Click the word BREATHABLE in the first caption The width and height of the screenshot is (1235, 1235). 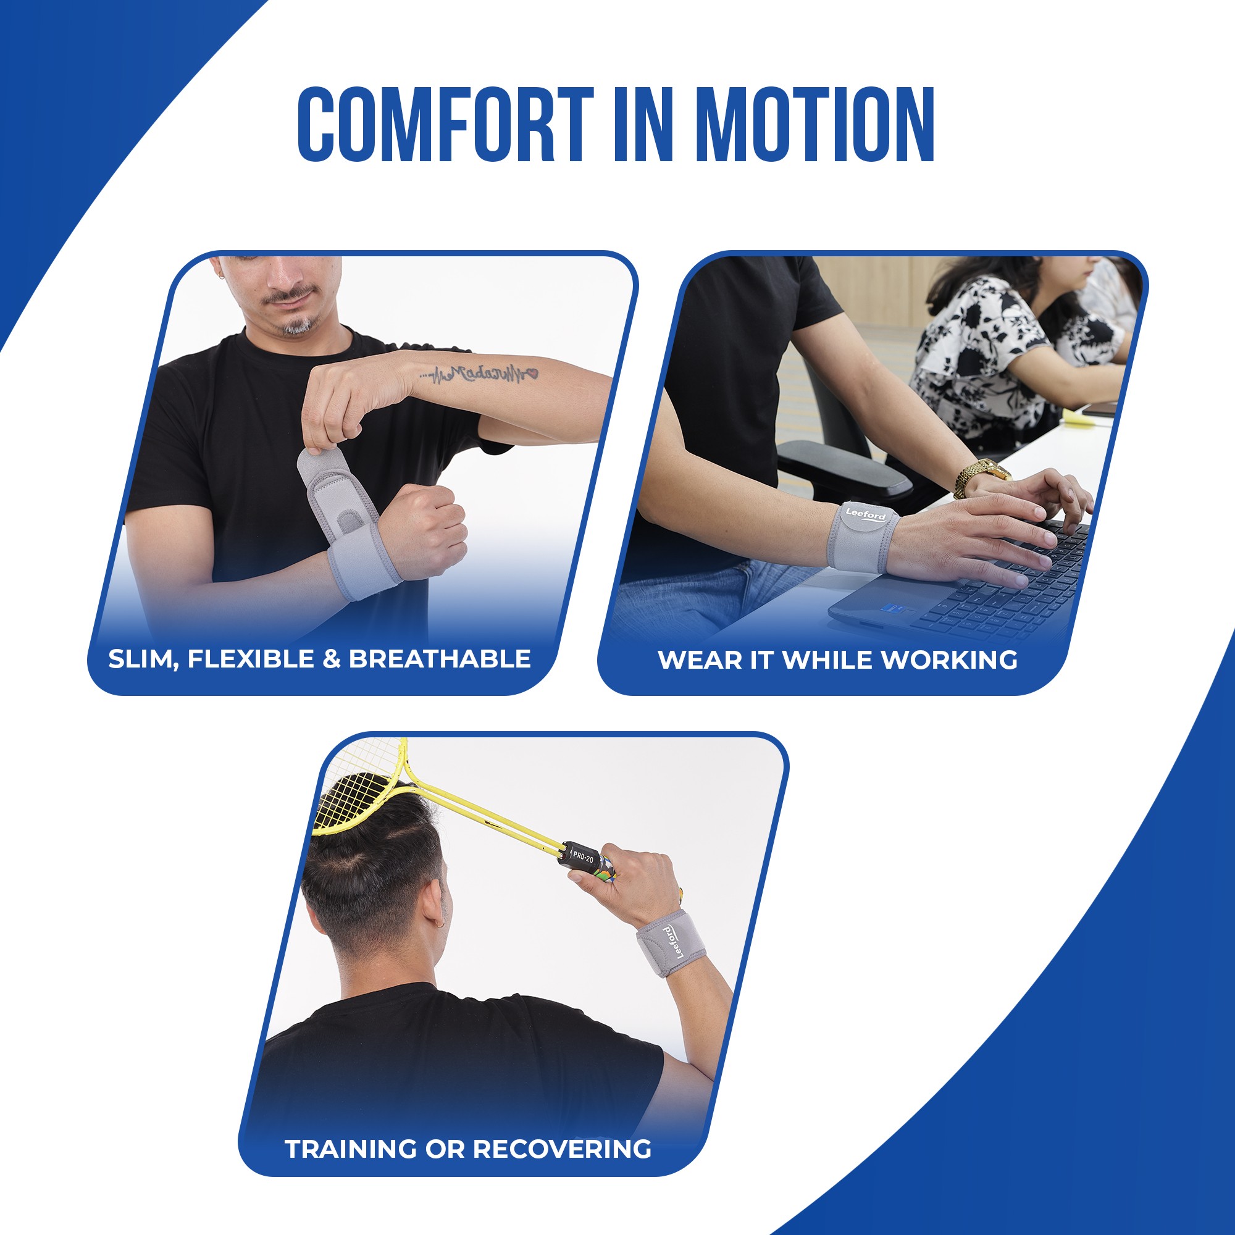point(440,659)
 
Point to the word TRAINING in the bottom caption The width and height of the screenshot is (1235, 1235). point(350,1149)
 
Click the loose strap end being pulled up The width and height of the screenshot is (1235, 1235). point(314,464)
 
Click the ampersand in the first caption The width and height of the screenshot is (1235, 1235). point(331,659)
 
